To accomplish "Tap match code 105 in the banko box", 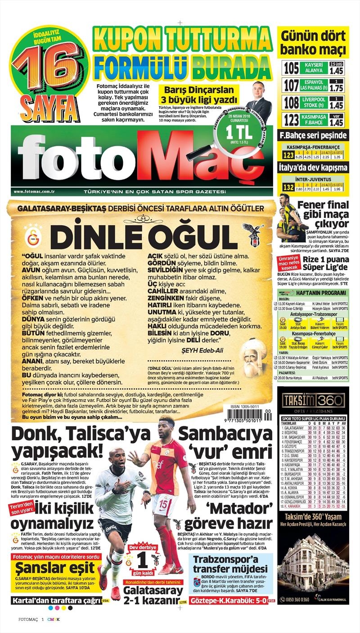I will tap(291, 68).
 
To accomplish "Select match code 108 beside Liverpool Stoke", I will tap(291, 102).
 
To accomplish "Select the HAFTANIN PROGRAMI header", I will tap(320, 292).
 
